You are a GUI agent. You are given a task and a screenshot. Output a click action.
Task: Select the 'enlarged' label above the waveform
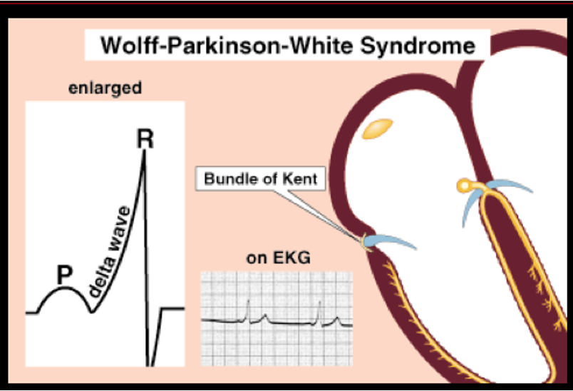pos(105,89)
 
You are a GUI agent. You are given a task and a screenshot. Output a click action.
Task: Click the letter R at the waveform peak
pos(145,138)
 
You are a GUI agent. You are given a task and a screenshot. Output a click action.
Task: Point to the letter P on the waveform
pos(65,275)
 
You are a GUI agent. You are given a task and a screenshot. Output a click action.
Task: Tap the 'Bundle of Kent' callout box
pos(261,178)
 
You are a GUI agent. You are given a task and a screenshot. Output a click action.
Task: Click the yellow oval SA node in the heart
pos(377,128)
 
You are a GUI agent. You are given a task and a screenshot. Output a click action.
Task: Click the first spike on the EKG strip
pos(247,308)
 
